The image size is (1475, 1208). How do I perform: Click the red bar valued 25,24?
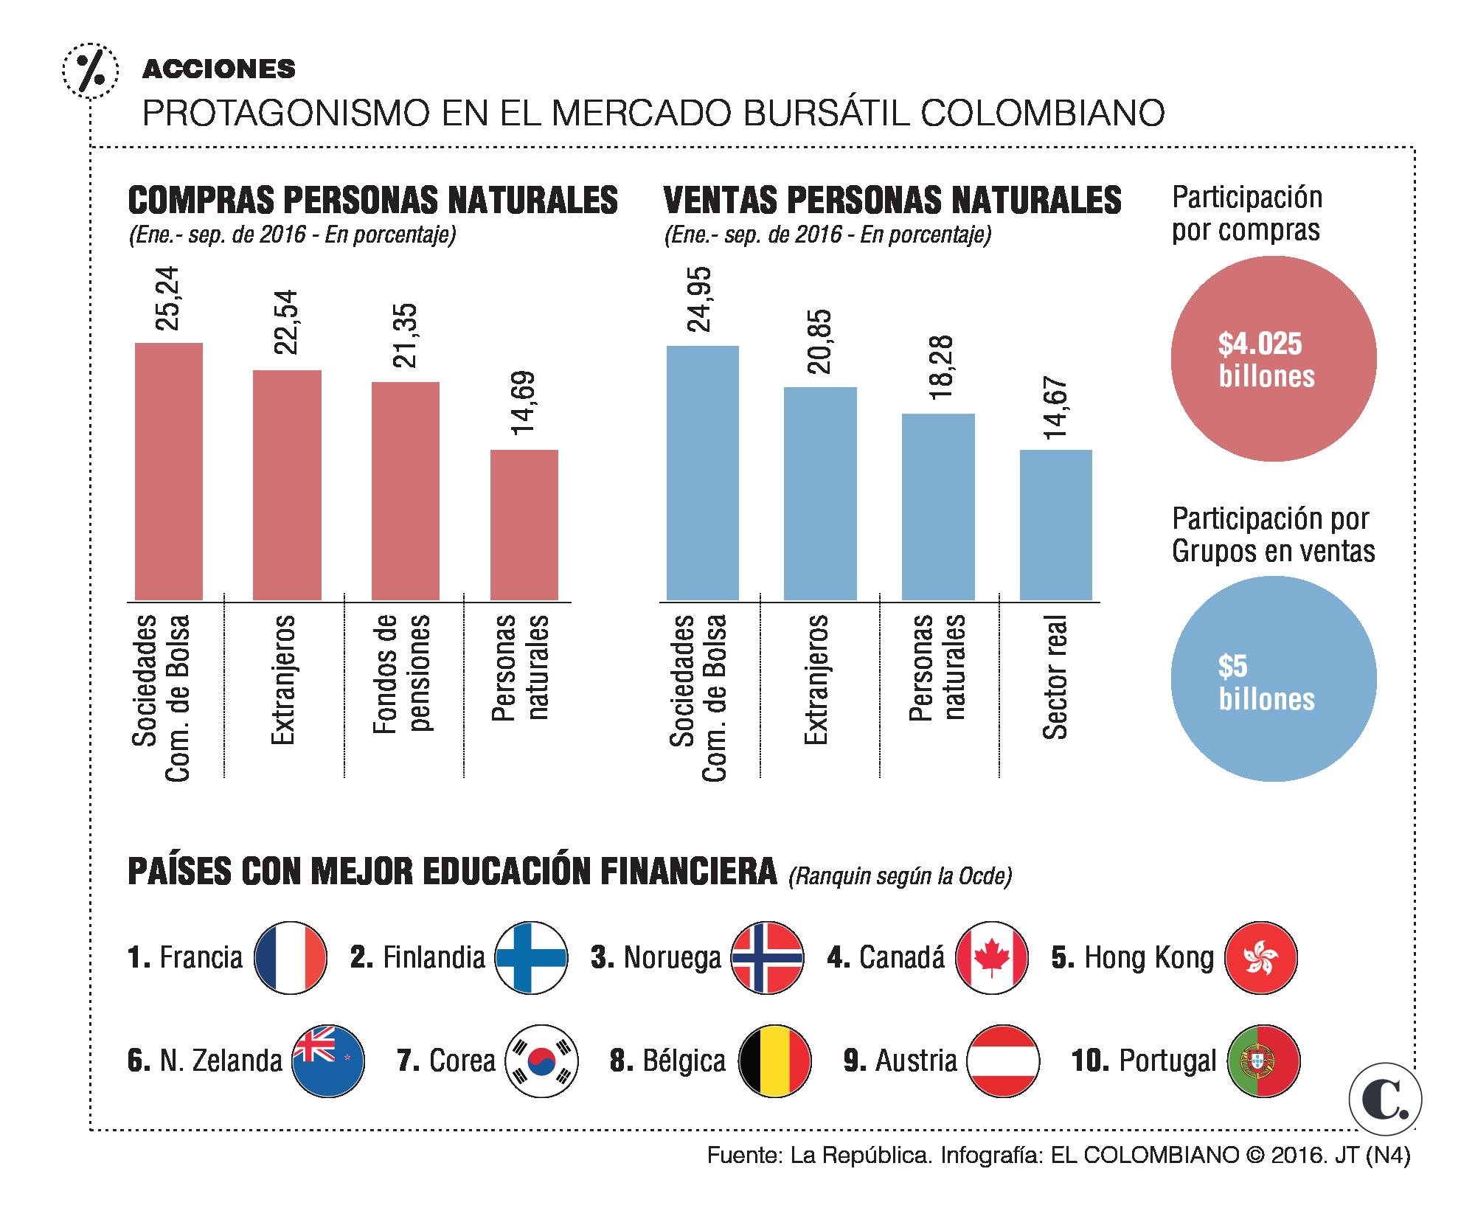click(x=169, y=471)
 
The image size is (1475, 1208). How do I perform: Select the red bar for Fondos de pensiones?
click(x=405, y=490)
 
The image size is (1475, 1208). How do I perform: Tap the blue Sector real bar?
click(x=1055, y=524)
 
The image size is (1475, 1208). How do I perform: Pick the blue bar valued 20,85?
click(x=819, y=493)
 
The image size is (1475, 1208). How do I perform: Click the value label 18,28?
click(x=940, y=368)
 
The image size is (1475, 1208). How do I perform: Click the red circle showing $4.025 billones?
click(x=1273, y=359)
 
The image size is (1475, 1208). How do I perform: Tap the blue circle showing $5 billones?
click(x=1273, y=678)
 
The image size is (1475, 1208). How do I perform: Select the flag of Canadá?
click(x=991, y=957)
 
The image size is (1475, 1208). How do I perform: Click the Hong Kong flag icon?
click(x=1260, y=957)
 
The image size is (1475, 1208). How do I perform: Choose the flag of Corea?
click(x=542, y=1061)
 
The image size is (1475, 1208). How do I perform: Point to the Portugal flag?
click(x=1263, y=1061)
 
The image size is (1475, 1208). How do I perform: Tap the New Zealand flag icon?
click(x=328, y=1061)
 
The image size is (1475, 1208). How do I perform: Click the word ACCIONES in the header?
click(x=218, y=69)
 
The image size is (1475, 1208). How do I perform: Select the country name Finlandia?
click(x=434, y=958)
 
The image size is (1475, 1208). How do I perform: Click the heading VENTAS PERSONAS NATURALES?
click(x=892, y=200)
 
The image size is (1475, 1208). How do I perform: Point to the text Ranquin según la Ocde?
click(x=900, y=876)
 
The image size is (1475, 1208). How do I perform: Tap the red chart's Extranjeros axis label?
click(x=283, y=678)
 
